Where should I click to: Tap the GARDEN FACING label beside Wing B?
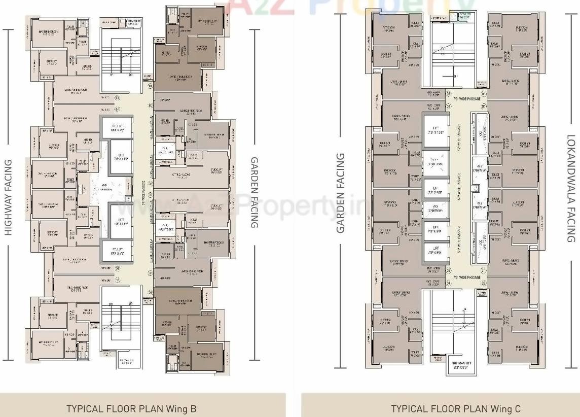[255, 192]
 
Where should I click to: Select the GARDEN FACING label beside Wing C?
[340, 193]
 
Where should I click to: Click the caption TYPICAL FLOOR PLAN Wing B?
[131, 408]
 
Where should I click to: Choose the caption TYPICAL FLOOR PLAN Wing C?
[455, 408]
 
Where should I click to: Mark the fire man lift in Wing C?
[461, 364]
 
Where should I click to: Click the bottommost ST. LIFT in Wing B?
[117, 251]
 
